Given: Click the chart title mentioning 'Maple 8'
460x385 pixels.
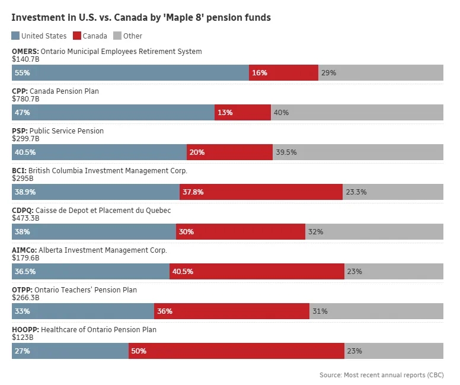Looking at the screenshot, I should click(141, 18).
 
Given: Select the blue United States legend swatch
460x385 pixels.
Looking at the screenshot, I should click(15, 36).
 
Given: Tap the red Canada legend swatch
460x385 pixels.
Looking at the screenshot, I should click(76, 36).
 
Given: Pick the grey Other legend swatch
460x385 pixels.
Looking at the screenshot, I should click(117, 36).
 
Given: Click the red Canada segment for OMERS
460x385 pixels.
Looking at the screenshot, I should click(283, 73).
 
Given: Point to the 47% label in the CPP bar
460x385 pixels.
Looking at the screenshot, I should click(23, 113).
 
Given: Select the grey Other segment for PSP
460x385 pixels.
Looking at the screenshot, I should click(357, 152).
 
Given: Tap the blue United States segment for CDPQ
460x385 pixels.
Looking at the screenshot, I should click(94, 232).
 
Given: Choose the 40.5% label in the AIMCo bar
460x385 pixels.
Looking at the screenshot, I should click(183, 272).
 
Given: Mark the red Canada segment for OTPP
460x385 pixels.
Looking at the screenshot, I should click(232, 311).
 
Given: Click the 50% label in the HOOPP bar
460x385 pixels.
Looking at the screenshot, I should click(139, 351).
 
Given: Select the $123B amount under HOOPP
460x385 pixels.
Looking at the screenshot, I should click(23, 337).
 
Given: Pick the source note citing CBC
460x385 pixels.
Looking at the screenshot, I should click(381, 375).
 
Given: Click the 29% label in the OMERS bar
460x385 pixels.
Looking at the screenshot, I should click(328, 73).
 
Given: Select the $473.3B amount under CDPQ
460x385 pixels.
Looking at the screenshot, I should click(25, 218).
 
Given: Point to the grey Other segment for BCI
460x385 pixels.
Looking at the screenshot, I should click(393, 192).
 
